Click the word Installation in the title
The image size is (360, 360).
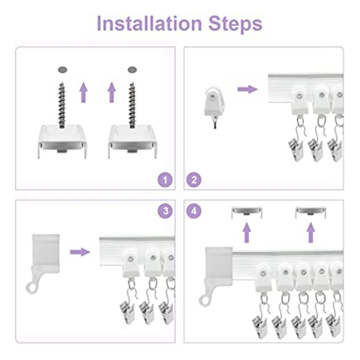(x=149, y=23)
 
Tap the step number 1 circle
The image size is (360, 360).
(x=165, y=180)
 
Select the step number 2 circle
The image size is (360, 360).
(x=194, y=180)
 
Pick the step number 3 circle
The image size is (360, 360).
(x=165, y=211)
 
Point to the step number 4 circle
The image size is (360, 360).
(x=194, y=211)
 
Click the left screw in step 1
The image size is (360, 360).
(x=62, y=105)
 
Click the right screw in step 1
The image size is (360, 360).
(x=132, y=105)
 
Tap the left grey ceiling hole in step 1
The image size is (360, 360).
(x=63, y=70)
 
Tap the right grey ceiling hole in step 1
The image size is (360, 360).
(x=132, y=70)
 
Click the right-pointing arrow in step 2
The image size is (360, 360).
(x=247, y=89)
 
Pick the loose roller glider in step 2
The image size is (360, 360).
(x=214, y=104)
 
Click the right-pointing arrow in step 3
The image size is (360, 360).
(x=80, y=252)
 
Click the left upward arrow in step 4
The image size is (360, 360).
(x=247, y=232)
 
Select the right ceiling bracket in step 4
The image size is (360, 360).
(x=310, y=212)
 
